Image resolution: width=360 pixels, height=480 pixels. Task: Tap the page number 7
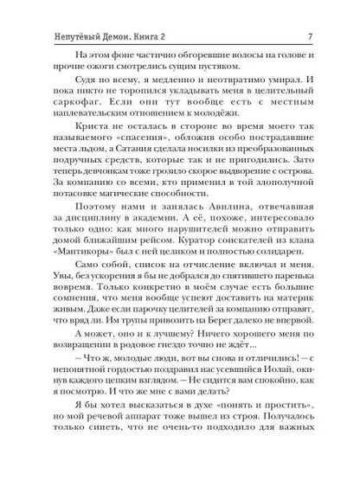click(x=309, y=11)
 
